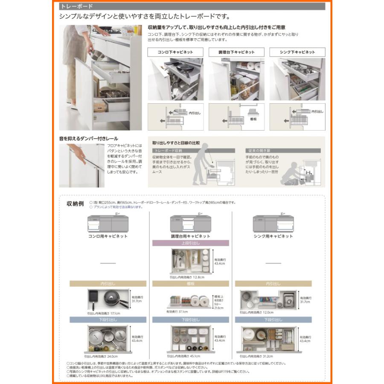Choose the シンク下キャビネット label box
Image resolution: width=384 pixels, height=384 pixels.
(297, 52)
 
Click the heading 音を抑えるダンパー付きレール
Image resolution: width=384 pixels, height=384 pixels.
(88, 139)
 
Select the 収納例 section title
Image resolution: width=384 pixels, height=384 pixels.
(75, 204)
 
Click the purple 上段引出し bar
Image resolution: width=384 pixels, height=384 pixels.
(191, 243)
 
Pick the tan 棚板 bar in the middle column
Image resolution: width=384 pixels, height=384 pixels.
(191, 283)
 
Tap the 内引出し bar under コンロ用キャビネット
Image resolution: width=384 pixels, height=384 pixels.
(108, 283)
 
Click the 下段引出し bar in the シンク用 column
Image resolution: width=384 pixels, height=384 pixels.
(273, 319)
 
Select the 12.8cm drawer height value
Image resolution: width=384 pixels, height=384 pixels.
(197, 277)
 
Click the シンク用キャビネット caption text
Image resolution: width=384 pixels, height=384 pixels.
(273, 236)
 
